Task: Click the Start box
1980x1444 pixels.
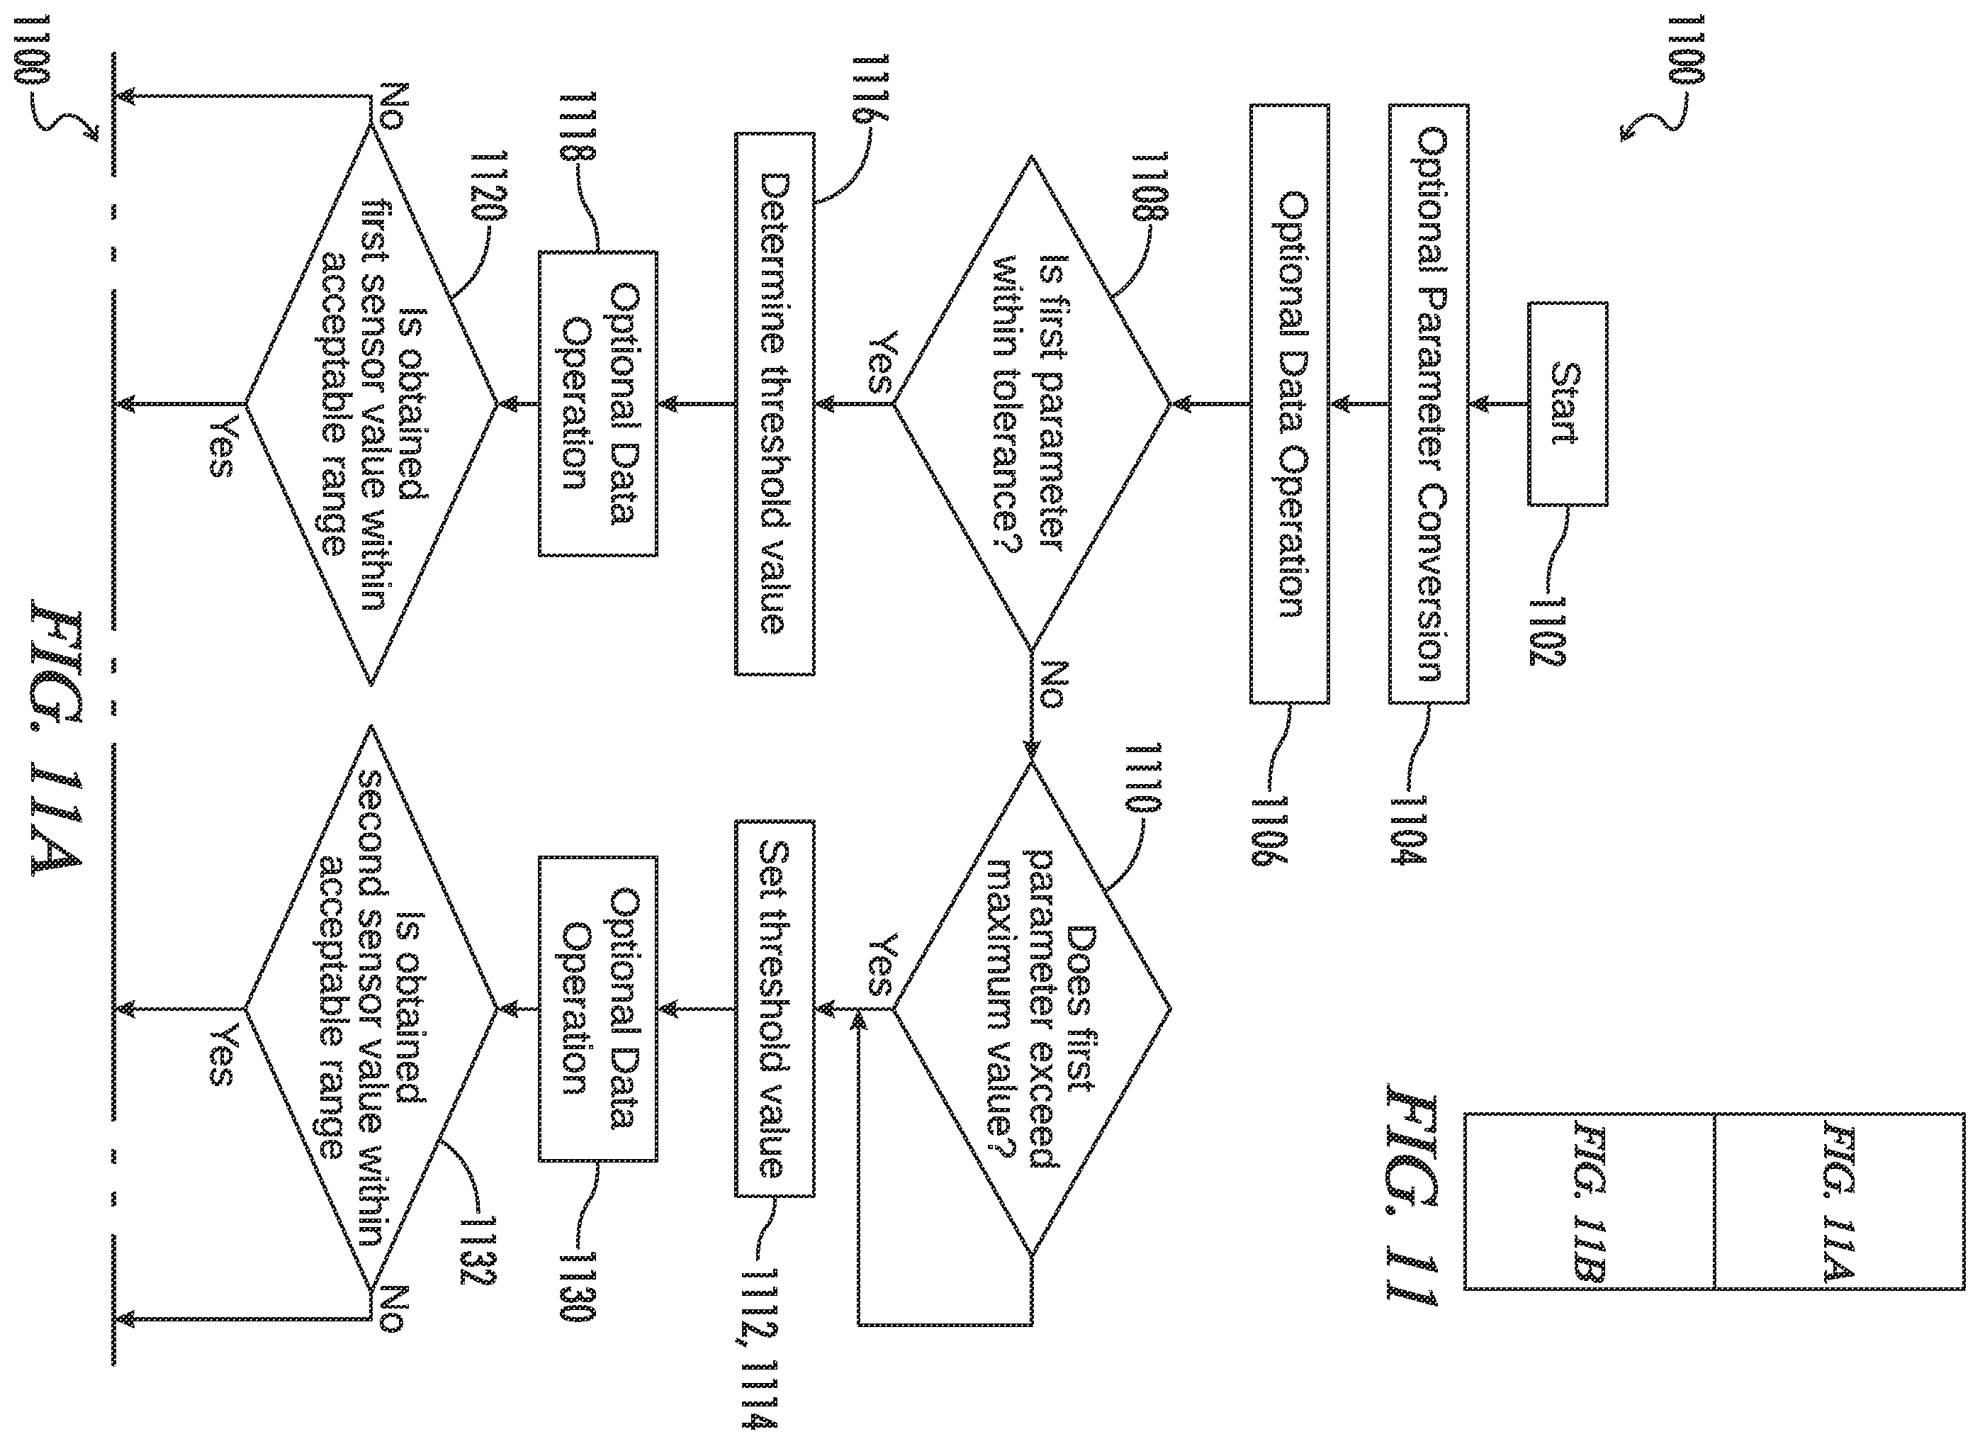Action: click(1568, 404)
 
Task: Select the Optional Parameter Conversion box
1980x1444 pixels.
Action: click(1429, 404)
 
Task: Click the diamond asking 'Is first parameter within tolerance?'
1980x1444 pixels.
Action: click(1031, 404)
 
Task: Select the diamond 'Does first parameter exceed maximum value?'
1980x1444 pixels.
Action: click(1031, 1009)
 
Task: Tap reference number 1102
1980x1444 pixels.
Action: click(1548, 631)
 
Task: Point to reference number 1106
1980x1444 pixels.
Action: click(1271, 830)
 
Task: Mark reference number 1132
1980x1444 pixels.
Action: click(480, 1252)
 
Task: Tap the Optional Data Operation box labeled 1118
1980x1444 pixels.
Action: click(597, 404)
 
